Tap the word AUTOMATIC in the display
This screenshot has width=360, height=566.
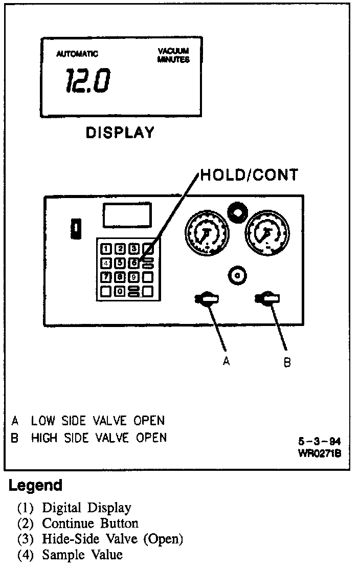(77, 54)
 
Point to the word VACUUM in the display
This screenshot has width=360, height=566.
(173, 51)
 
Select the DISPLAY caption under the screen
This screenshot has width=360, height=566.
(120, 133)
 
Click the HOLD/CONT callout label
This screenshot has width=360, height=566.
(249, 175)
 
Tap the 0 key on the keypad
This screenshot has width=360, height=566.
(120, 291)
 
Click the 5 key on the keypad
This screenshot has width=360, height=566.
(120, 264)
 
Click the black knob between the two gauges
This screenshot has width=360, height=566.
(236, 211)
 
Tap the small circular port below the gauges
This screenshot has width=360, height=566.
(236, 275)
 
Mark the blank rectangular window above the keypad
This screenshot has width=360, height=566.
(127, 215)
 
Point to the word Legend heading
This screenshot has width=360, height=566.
(35, 485)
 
